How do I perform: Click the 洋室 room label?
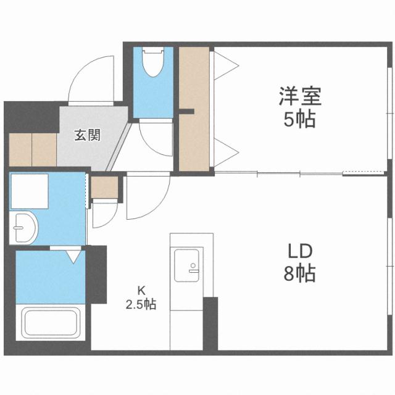click(301, 97)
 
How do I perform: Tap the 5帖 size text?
click(301, 119)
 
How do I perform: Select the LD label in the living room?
click(301, 251)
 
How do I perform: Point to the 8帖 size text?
click(301, 273)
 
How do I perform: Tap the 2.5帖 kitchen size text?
click(141, 304)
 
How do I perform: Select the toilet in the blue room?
click(151, 64)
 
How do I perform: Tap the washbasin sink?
click(23, 228)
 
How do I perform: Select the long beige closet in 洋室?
click(194, 108)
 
